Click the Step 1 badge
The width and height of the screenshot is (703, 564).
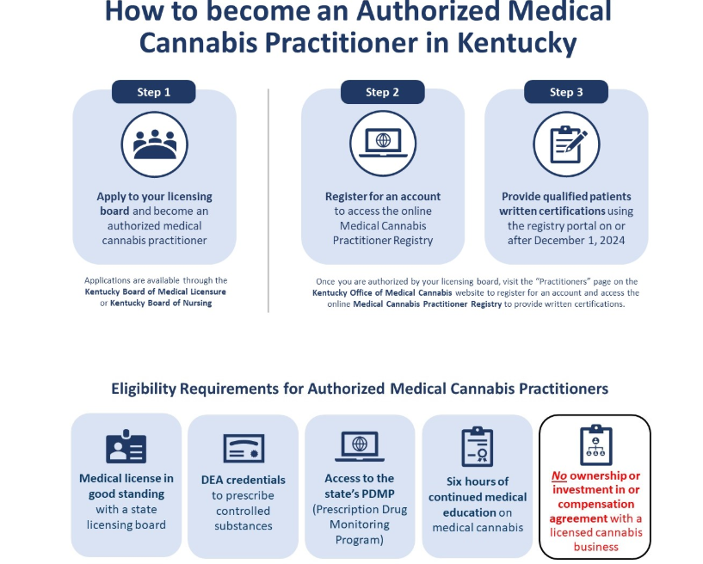tap(153, 92)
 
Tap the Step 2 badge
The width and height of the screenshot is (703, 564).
tap(382, 92)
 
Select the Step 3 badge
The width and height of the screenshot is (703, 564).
tap(566, 92)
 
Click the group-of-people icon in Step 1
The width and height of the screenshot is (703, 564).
tap(155, 144)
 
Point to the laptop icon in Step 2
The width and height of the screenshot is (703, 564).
tap(383, 144)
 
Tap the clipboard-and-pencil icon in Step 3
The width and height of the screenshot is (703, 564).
tap(567, 144)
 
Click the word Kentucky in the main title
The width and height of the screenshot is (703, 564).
tap(516, 42)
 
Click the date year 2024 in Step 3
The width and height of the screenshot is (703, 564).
tap(612, 241)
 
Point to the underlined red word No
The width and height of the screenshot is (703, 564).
tap(559, 475)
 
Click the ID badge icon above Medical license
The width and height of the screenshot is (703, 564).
tap(126, 446)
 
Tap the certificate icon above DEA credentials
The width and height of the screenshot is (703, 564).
tap(244, 448)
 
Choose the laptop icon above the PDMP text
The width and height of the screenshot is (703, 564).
tap(360, 446)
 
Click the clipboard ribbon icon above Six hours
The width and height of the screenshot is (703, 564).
tap(477, 446)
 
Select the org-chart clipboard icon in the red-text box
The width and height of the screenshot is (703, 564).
tap(595, 444)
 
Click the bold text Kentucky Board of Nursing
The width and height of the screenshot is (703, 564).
tap(161, 303)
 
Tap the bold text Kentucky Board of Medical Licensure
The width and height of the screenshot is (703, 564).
tap(155, 291)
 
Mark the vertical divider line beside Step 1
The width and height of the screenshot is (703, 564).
tap(268, 200)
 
